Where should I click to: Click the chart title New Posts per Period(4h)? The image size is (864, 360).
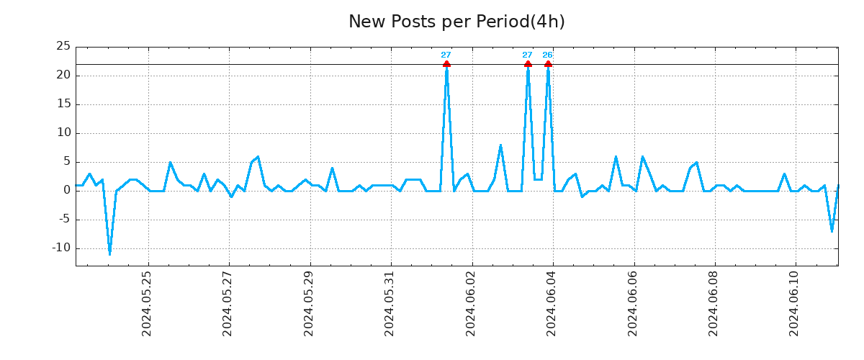click(x=456, y=22)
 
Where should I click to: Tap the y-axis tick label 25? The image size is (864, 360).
click(x=63, y=46)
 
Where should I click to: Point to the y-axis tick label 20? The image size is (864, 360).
click(x=63, y=75)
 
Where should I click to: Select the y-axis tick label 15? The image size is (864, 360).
click(x=63, y=104)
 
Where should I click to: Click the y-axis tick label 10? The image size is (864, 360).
click(x=63, y=132)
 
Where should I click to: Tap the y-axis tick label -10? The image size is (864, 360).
click(x=60, y=248)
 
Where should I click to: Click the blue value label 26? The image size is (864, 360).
click(x=547, y=55)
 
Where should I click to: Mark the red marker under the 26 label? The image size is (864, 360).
click(x=548, y=64)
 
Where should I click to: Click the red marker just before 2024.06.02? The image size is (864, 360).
click(x=446, y=64)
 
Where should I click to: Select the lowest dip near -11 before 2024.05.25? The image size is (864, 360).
click(x=109, y=253)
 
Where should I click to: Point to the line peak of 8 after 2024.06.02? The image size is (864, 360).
click(x=500, y=145)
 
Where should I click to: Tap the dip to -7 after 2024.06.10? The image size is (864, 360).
click(x=832, y=230)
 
